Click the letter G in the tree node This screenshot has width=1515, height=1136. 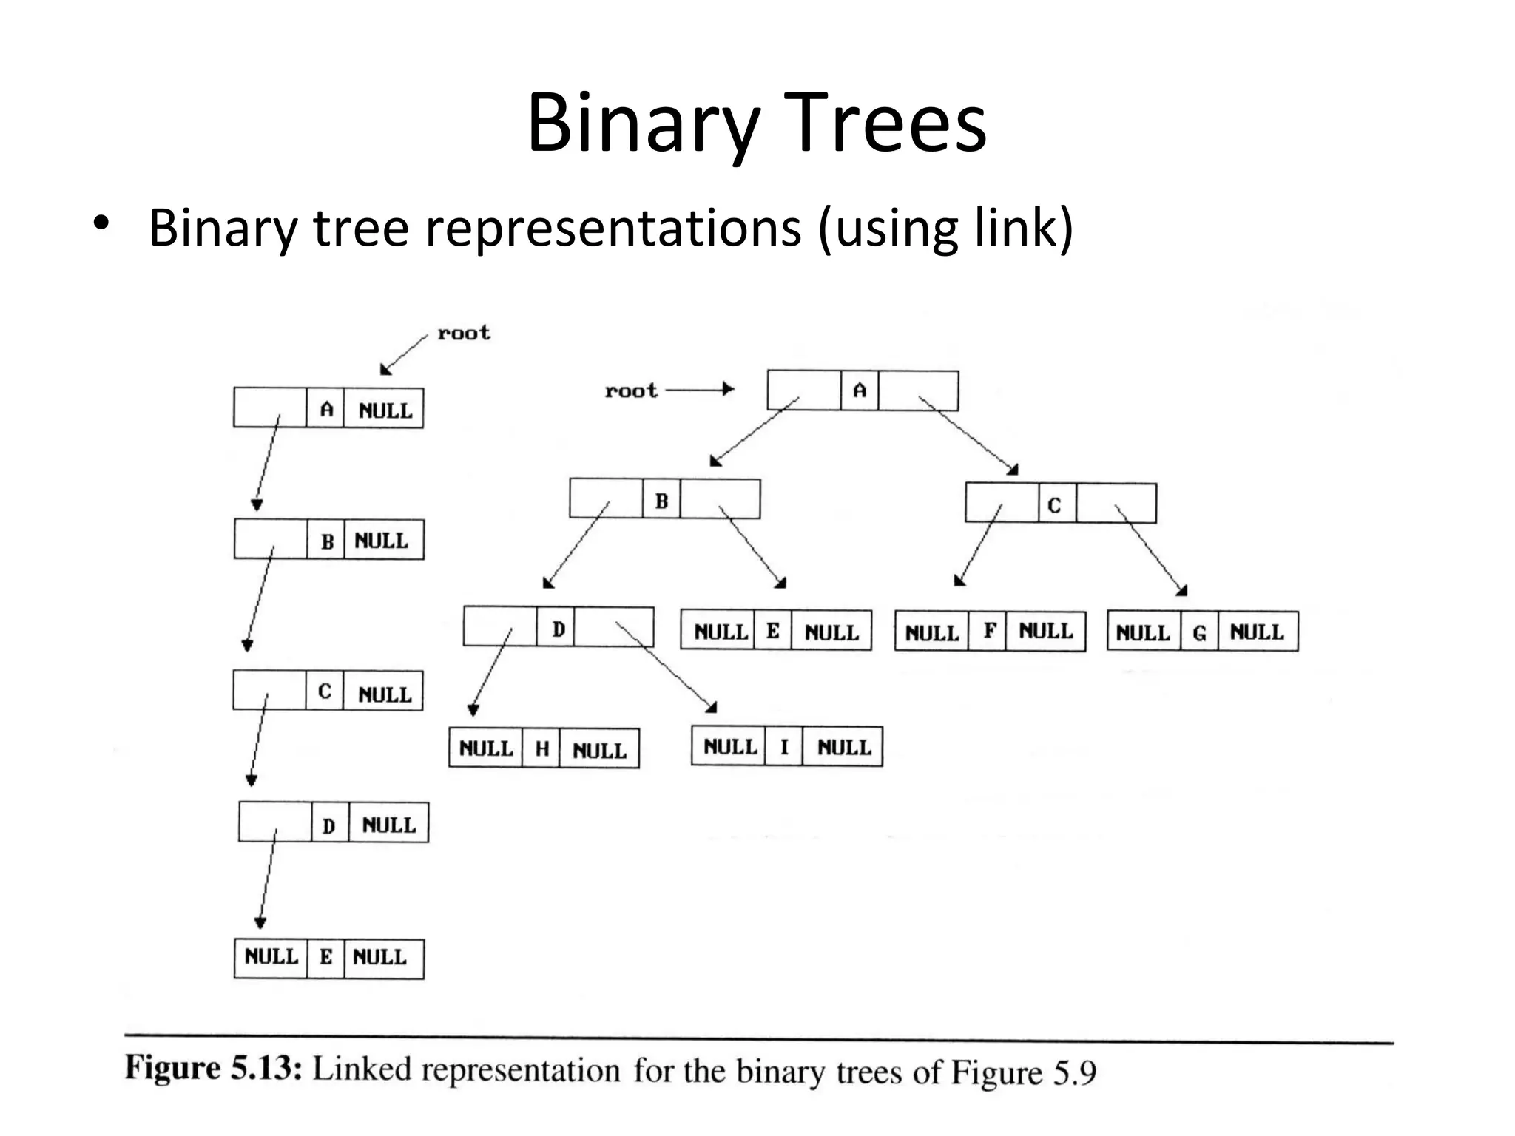[1199, 632]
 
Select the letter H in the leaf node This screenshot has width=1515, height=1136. [542, 749]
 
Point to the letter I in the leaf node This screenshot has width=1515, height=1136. [784, 747]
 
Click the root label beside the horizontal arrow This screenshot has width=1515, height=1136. [631, 390]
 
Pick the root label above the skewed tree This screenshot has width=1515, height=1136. [464, 333]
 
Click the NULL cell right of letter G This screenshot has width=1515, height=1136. [1257, 632]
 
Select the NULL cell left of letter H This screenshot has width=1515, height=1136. [486, 748]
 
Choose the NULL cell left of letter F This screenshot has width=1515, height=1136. [932, 633]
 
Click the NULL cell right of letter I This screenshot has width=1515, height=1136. [844, 747]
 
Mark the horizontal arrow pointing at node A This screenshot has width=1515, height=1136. [700, 389]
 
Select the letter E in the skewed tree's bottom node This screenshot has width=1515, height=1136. [325, 957]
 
